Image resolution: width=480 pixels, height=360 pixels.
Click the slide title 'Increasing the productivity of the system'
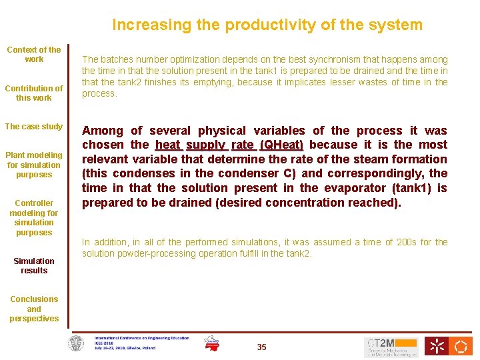(267, 25)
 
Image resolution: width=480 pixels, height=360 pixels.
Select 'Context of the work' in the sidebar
(34, 55)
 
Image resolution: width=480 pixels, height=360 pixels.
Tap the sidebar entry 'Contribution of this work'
(34, 93)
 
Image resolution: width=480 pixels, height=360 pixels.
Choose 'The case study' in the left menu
(34, 127)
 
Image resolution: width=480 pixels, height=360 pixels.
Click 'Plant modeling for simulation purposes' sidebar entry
(34, 165)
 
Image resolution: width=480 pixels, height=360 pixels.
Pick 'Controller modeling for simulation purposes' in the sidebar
(34, 217)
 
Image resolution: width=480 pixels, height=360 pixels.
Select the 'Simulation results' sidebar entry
(34, 265)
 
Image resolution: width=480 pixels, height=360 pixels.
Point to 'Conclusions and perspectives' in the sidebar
(34, 309)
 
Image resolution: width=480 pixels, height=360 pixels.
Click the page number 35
(261, 347)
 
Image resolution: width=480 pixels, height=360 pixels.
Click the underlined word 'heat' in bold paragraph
(167, 145)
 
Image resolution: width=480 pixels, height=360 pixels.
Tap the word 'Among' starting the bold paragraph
(103, 131)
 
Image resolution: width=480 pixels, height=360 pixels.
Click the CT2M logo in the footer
(391, 347)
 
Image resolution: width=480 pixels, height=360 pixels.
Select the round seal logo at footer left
(77, 344)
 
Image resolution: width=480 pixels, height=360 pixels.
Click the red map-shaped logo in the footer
(212, 343)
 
